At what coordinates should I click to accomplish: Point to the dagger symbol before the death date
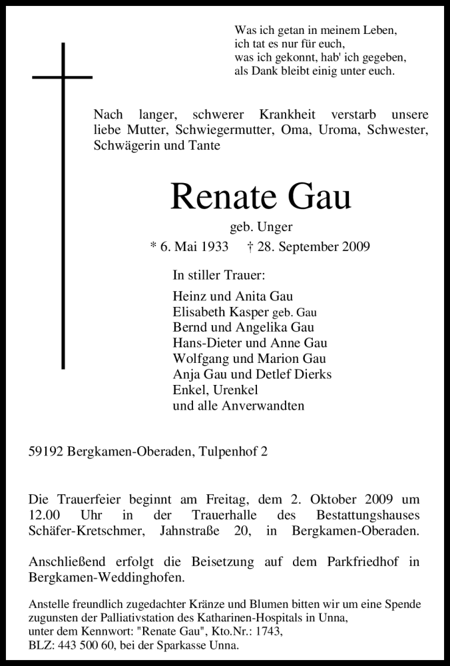[x=249, y=246]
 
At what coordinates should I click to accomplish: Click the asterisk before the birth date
[x=153, y=246]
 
